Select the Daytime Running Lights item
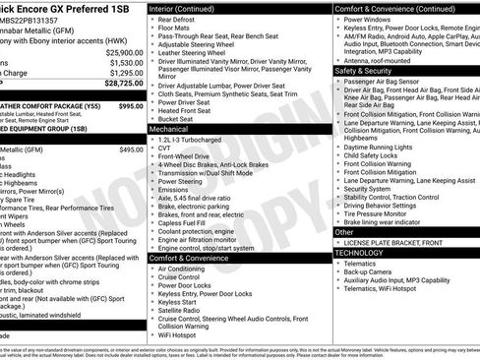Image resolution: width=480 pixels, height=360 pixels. tap(380, 147)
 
